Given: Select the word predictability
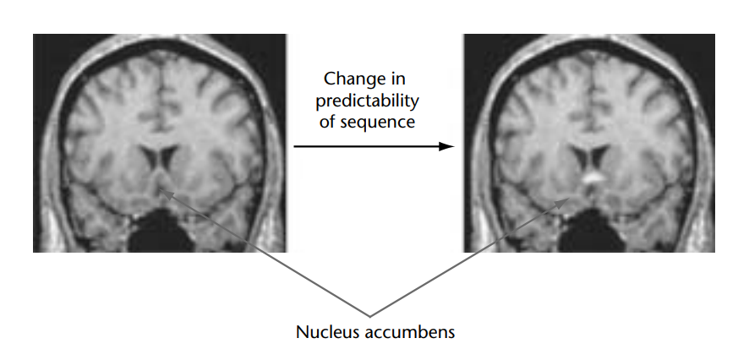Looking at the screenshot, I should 368,101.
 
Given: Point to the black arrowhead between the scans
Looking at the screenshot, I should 448,146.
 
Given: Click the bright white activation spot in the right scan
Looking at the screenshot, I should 592,179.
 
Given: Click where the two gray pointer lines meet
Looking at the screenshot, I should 370,315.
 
